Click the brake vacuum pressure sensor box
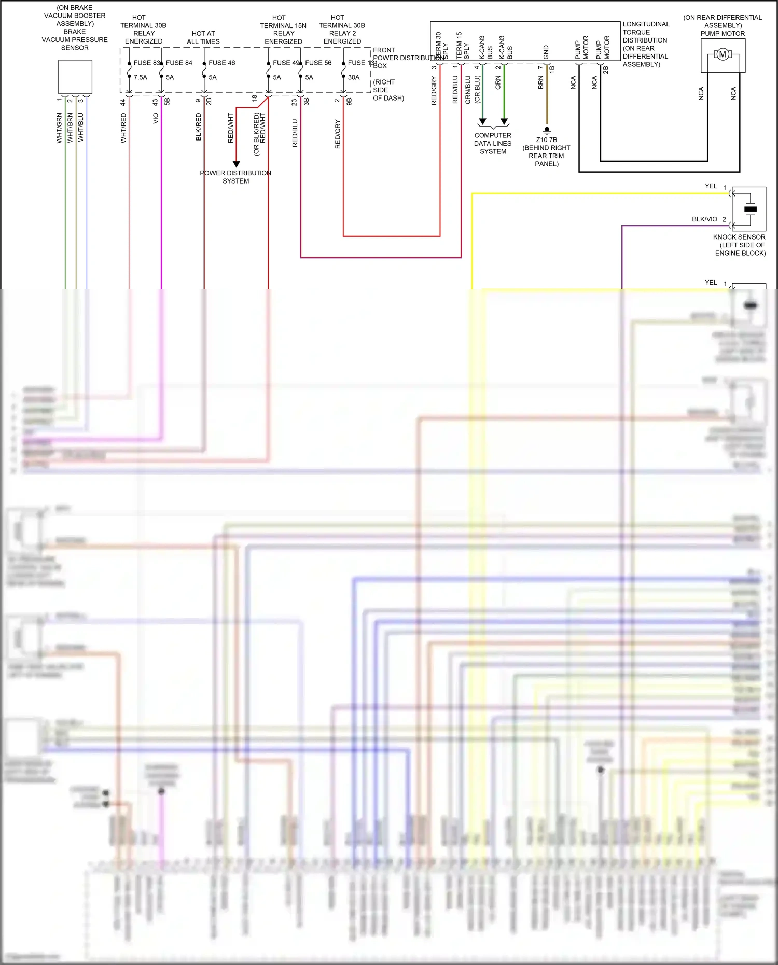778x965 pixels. (x=75, y=77)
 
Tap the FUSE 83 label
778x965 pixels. (x=147, y=63)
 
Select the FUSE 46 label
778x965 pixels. (x=221, y=63)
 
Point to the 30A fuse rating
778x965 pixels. (x=354, y=77)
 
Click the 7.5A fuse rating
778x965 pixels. (x=141, y=77)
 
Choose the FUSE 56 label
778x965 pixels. (x=318, y=63)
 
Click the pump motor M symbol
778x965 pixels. (x=722, y=54)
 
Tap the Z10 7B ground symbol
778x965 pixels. (x=547, y=130)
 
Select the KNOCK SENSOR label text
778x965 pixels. (x=739, y=237)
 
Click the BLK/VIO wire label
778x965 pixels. (x=704, y=219)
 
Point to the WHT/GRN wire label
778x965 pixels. (x=59, y=128)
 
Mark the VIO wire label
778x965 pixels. (x=156, y=119)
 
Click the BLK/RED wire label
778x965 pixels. (x=198, y=128)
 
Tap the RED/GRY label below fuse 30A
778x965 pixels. (x=338, y=134)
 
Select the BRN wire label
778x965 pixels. (x=540, y=82)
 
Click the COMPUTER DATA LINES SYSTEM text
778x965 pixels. (x=493, y=143)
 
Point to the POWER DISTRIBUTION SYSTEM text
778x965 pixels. (x=235, y=177)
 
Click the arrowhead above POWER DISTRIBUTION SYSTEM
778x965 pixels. (x=236, y=164)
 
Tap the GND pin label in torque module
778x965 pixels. (x=546, y=52)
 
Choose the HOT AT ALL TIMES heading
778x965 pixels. (x=203, y=37)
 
